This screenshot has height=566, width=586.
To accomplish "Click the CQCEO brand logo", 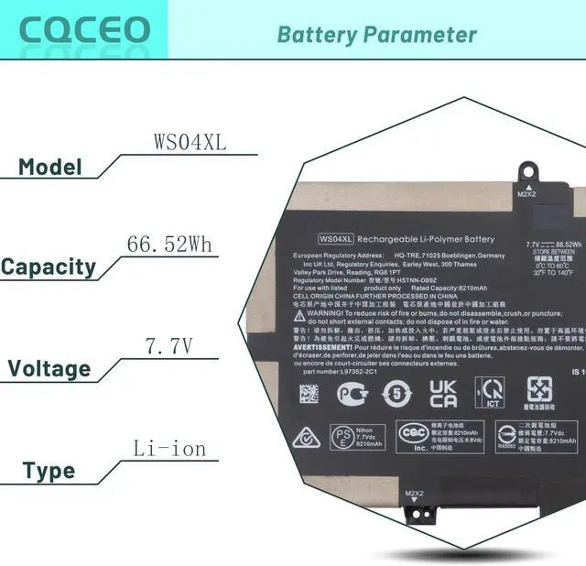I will [84, 28].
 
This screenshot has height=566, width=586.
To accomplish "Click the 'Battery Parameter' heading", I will [376, 35].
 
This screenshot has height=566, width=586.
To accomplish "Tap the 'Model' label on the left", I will [50, 168].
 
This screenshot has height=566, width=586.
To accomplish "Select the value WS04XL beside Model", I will [190, 143].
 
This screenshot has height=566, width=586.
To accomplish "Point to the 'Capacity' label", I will [61, 267].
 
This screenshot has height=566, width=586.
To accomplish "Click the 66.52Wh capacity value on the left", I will [169, 244].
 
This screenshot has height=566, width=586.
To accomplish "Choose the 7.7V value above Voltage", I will [169, 346].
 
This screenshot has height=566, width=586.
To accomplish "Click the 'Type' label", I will [49, 472].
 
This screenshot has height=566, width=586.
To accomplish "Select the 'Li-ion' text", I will [169, 449].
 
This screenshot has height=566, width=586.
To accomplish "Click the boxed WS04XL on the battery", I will [336, 239].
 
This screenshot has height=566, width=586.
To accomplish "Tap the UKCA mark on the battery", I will [444, 393].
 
